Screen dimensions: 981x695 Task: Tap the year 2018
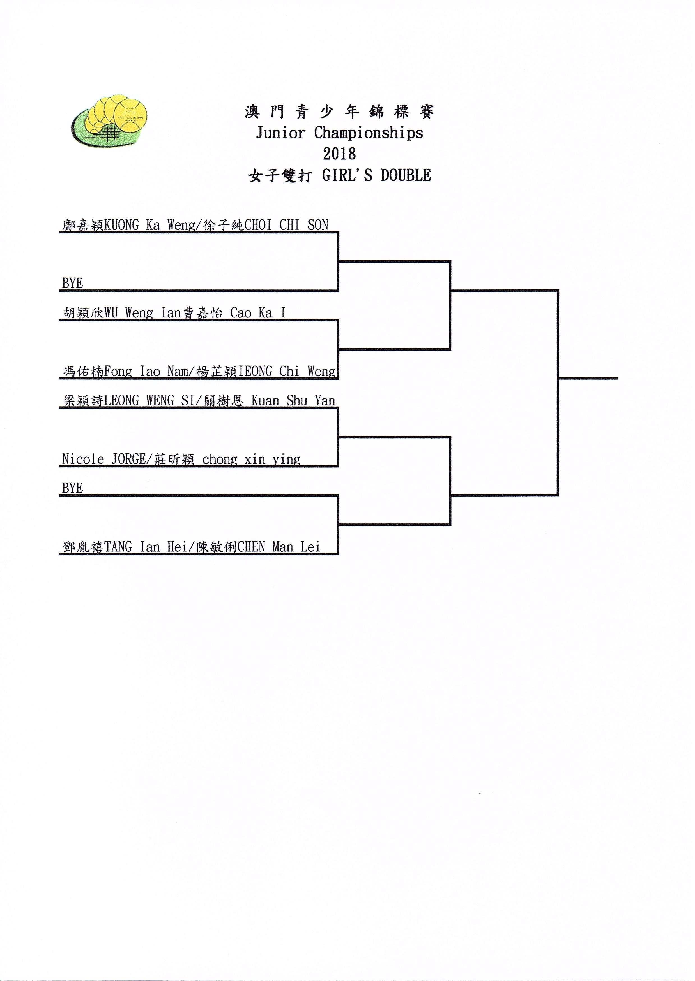click(339, 154)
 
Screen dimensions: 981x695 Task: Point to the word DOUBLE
click(406, 175)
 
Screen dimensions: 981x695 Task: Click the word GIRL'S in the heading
click(347, 175)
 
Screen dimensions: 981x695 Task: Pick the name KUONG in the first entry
click(121, 225)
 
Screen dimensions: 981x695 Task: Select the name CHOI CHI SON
click(286, 225)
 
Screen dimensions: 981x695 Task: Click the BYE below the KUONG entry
click(72, 283)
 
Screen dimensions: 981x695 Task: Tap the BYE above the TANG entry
click(72, 488)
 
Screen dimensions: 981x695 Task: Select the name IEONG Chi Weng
click(287, 372)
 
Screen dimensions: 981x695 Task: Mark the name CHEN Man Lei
click(278, 547)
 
